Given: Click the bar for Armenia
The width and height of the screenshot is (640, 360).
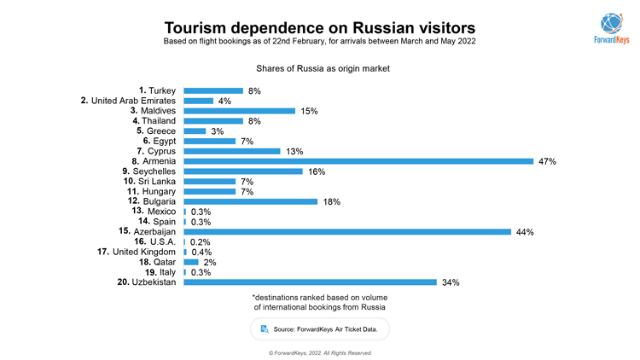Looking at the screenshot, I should (x=358, y=161).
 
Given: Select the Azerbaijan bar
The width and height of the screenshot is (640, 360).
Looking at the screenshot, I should (x=347, y=231).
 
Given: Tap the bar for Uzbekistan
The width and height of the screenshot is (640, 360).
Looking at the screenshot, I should (x=310, y=282).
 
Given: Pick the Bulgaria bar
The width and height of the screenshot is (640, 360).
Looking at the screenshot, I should (x=251, y=201).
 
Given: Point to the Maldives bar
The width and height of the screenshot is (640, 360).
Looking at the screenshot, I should (x=240, y=111).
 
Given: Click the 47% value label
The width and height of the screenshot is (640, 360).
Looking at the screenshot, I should (x=547, y=161).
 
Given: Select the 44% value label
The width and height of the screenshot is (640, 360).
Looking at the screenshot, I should (x=525, y=231).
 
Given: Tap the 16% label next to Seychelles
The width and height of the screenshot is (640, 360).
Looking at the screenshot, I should (x=316, y=171).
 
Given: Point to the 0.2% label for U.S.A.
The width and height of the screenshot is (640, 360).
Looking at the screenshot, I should (x=201, y=242).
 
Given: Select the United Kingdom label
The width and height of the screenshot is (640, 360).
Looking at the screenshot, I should (x=137, y=252).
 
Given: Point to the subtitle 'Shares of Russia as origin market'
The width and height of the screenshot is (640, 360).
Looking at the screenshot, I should (x=319, y=67).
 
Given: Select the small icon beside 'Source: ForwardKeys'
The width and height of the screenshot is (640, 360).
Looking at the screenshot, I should (x=265, y=328).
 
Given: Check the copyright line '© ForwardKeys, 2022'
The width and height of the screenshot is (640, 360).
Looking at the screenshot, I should (x=319, y=352).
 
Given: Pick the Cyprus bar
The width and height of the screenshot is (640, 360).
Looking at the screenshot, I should (x=232, y=151).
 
